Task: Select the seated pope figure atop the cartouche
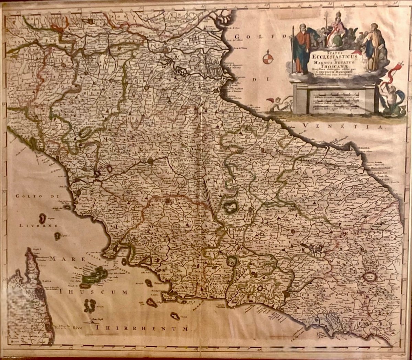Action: [x=336, y=33]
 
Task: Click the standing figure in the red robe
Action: [x=302, y=48]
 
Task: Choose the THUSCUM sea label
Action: [x=93, y=292]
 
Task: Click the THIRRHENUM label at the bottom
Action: [x=142, y=328]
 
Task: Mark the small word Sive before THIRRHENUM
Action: [x=79, y=327]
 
